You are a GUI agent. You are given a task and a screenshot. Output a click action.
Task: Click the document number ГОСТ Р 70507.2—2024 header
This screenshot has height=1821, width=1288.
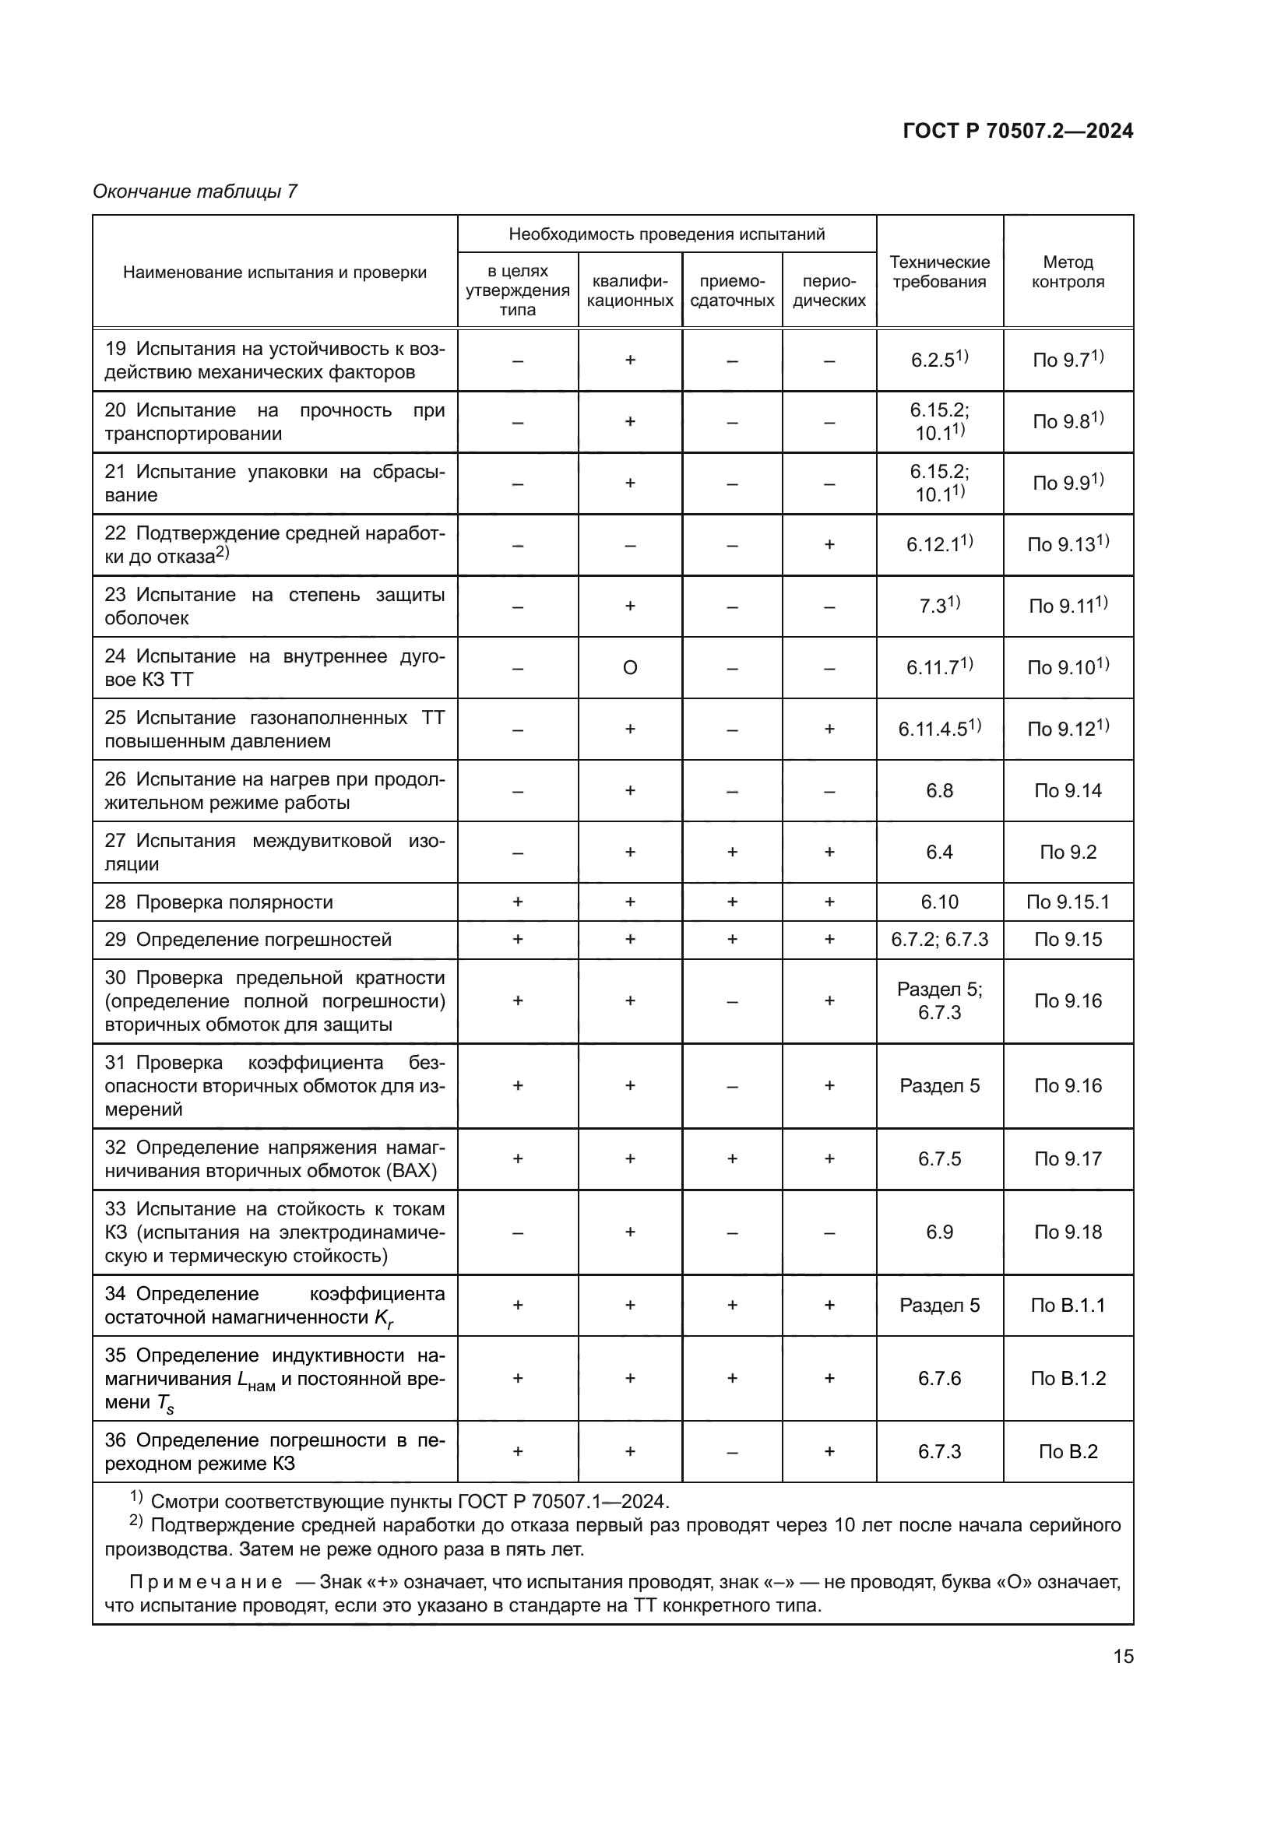pos(1018,131)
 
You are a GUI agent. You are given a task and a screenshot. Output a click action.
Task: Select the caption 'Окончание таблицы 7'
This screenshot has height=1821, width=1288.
pos(195,192)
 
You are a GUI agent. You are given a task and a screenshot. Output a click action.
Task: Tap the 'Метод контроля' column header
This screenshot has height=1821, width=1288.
pos(1068,272)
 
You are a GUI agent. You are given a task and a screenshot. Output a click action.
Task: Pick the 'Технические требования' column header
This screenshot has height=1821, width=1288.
pos(939,272)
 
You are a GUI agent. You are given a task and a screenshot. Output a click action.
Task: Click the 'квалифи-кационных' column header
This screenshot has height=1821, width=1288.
pos(630,291)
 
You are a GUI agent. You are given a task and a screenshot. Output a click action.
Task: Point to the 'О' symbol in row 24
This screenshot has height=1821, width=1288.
pos(630,668)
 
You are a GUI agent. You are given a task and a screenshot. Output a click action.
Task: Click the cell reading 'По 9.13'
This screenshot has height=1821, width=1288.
pos(1068,544)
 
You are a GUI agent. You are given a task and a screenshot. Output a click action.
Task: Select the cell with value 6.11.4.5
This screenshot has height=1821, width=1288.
pos(939,729)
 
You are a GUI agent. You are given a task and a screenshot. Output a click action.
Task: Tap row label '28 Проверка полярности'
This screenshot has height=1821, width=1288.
pos(219,902)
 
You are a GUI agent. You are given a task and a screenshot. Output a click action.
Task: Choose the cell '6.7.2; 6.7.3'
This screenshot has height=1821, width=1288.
pos(939,939)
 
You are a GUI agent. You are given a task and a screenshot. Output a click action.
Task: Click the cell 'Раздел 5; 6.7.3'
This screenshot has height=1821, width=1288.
pos(939,1001)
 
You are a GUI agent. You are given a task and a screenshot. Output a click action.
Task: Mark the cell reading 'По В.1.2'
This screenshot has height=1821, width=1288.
pos(1068,1379)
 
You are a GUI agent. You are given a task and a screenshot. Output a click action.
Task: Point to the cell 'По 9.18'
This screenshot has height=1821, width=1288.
pos(1068,1232)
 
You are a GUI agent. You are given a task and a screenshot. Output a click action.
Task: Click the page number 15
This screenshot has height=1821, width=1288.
pos(1123,1656)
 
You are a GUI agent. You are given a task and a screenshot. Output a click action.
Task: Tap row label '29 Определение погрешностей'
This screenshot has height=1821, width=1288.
pos(248,939)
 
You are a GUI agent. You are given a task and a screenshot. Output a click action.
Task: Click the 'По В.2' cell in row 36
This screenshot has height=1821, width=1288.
pos(1068,1451)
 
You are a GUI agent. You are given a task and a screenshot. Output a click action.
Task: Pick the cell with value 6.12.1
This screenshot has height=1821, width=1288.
pos(939,544)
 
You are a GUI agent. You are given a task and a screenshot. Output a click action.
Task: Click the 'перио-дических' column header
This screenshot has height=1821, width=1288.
pos(829,291)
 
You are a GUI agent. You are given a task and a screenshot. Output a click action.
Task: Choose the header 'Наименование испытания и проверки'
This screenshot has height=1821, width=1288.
pos(274,272)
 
